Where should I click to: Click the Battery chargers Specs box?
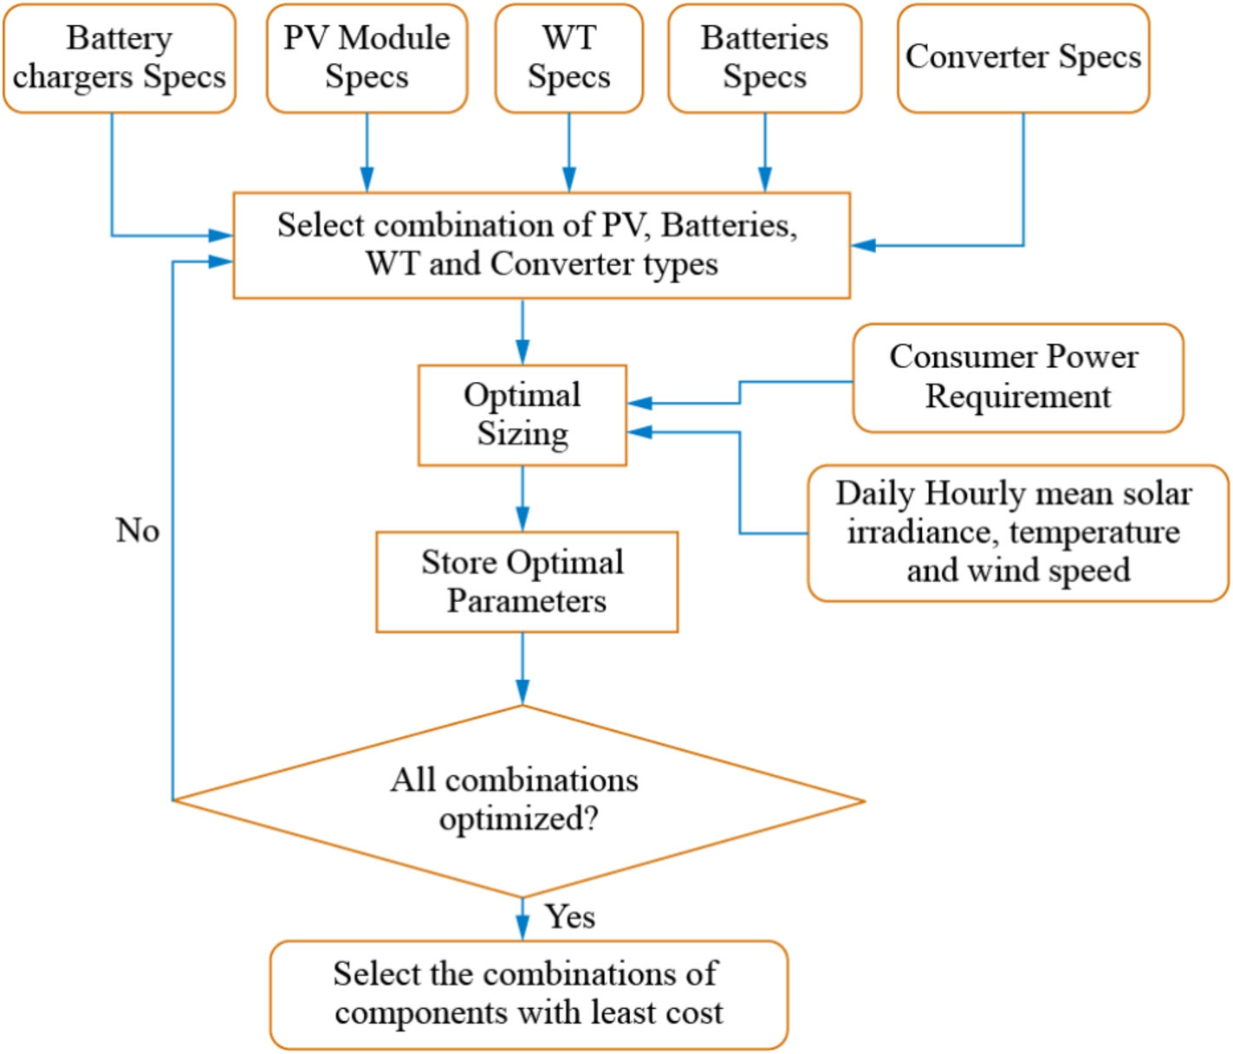tap(120, 58)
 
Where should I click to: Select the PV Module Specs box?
tap(367, 58)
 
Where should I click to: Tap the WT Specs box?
tap(569, 58)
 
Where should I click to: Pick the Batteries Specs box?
tap(765, 58)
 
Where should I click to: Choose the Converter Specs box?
tap(1023, 58)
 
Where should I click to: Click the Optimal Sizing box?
tap(522, 415)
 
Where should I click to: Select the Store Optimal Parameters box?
tap(527, 582)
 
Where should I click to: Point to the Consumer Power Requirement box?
tap(1018, 378)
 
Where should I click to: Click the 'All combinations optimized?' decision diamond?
tap(518, 800)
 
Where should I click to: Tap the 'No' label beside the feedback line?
tap(138, 530)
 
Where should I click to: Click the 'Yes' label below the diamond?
tap(569, 916)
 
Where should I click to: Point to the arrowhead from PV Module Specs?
tap(367, 180)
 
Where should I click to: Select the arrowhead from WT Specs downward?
tap(569, 180)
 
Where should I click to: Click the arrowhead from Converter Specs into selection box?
tap(863, 245)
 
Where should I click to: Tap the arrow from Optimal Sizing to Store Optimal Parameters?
tap(522, 498)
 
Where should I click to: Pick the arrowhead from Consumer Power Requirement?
tap(640, 404)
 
